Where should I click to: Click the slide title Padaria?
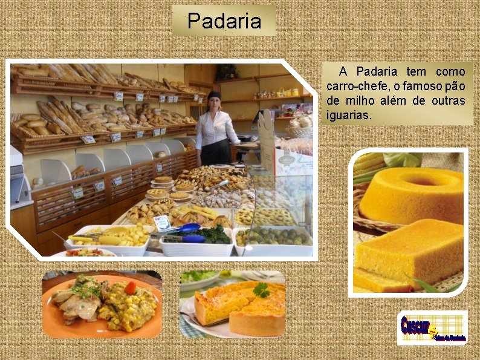tap(224, 21)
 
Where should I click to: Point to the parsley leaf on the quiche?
tap(261, 290)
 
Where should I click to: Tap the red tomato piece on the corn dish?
tap(130, 287)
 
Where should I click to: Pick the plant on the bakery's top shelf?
tap(227, 72)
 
